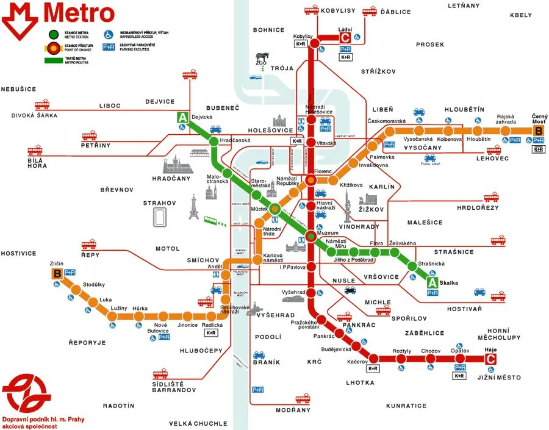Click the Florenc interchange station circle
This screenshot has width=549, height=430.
click(310, 180)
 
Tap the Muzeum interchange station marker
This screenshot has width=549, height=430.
click(310, 236)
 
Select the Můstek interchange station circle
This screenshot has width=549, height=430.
click(275, 208)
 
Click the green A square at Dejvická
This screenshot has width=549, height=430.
click(182, 118)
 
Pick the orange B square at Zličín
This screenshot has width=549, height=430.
click(57, 274)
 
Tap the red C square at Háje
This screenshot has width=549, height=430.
click(490, 359)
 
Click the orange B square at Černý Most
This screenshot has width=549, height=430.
click(539, 130)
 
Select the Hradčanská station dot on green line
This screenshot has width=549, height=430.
click(213, 142)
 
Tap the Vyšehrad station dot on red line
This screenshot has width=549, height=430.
click(310, 293)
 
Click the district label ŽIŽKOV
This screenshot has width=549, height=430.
click(370, 209)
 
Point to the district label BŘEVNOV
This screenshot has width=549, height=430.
click(117, 190)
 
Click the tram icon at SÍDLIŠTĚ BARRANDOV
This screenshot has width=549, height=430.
click(160, 374)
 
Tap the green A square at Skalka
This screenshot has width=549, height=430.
click(432, 282)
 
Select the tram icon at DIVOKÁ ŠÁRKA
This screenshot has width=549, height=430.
click(41, 104)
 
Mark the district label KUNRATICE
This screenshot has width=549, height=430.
click(406, 406)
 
